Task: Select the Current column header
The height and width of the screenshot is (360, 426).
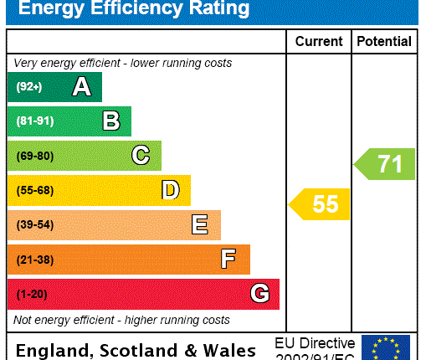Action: click(319, 41)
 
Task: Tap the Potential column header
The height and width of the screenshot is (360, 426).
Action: click(384, 41)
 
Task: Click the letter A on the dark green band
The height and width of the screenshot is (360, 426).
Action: click(81, 86)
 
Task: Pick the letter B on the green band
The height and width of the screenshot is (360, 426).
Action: click(110, 121)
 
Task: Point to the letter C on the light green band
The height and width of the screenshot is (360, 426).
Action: click(141, 156)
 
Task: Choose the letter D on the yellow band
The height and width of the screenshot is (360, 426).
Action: click(170, 190)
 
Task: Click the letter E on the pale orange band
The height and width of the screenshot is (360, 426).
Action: click(199, 225)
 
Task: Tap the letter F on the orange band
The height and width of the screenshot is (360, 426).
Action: click(228, 260)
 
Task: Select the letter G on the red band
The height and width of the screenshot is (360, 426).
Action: click(259, 294)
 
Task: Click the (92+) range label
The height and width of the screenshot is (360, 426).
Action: click(28, 87)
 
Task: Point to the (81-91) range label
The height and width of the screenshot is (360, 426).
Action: click(34, 121)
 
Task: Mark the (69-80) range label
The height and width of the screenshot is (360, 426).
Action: click(34, 156)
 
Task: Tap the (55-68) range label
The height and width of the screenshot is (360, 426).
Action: click(34, 191)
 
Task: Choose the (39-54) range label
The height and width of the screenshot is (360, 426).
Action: click(34, 225)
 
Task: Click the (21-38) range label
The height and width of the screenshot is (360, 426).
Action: click(34, 260)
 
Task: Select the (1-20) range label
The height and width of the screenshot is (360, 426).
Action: click(32, 295)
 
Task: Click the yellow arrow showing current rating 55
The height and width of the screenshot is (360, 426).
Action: click(320, 204)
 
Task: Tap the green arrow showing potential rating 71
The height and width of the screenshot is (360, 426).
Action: click(385, 163)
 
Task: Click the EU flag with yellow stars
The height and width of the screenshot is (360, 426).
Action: click(386, 347)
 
